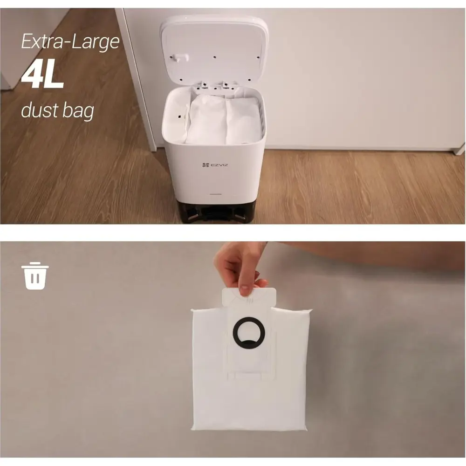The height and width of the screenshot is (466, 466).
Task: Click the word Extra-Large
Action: tap(70, 42)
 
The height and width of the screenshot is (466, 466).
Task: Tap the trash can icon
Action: tap(35, 276)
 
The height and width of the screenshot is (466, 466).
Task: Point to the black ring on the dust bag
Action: tap(248, 332)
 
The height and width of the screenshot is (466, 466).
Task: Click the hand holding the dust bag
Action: tap(238, 266)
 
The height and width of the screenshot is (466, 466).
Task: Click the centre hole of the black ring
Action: tap(249, 332)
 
